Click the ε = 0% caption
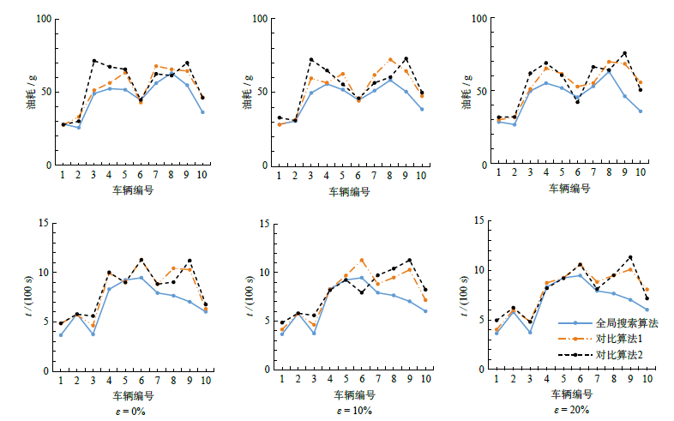132,411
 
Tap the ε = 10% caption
352,411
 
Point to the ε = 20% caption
571,411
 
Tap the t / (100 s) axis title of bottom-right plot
468,298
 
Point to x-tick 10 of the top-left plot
202,175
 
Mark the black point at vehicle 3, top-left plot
93,61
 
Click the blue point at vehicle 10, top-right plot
640,111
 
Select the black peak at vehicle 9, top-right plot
624,53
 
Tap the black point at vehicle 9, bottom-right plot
630,257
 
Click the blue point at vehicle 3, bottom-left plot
93,334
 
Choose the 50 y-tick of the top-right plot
481,91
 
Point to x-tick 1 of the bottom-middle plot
282,381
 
